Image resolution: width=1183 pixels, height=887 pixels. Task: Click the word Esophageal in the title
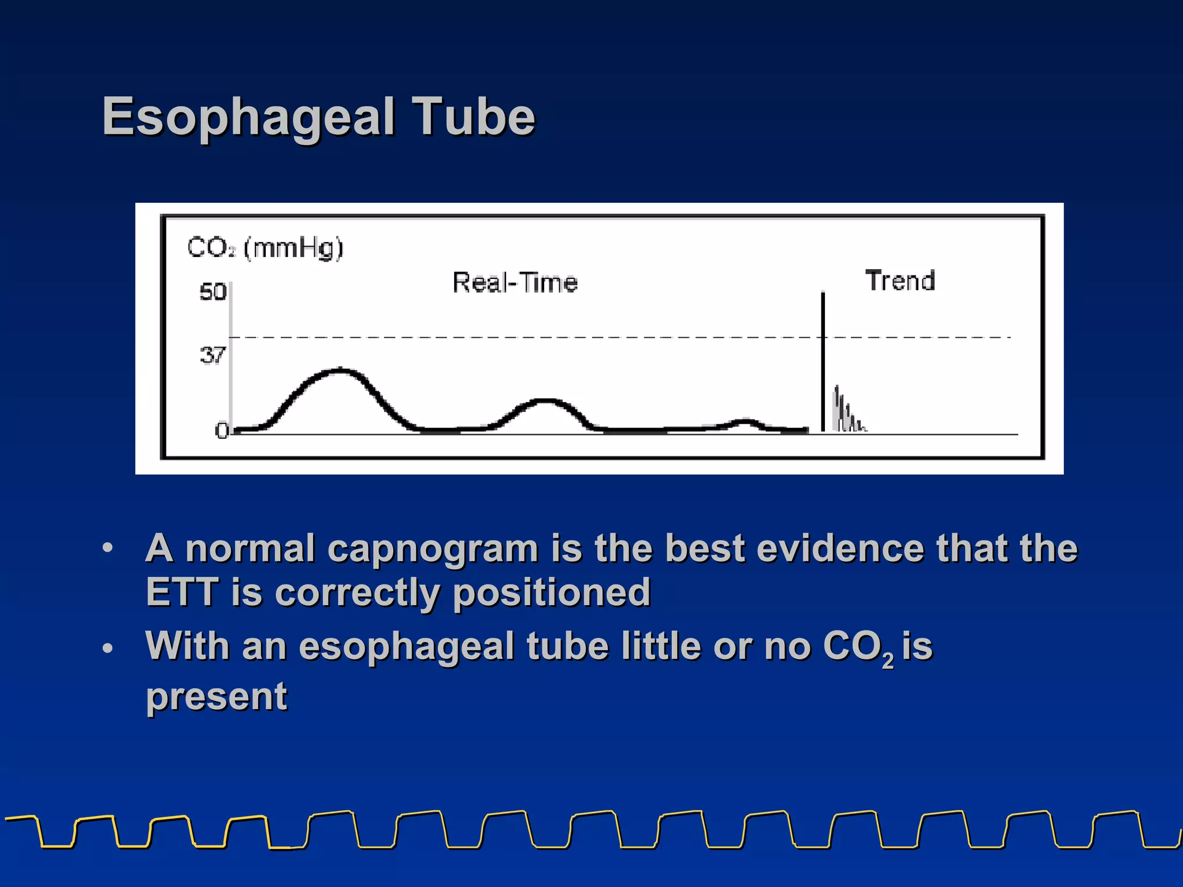248,118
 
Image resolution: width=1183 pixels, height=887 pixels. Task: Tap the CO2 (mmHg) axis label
265,248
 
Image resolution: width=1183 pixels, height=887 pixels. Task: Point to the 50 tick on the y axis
213,292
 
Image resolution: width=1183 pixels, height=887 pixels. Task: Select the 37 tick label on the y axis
213,355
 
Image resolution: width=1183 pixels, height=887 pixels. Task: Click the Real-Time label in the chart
515,283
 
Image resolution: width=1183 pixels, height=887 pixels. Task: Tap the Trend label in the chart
900,281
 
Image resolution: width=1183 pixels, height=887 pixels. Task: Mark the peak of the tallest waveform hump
341,370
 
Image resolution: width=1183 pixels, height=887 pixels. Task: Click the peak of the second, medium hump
545,400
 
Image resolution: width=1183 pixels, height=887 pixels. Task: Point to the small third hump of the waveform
745,421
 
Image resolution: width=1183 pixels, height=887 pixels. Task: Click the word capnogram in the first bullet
433,549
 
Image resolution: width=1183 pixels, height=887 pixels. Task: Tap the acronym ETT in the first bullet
181,592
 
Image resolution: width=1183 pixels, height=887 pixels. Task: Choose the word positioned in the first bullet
552,592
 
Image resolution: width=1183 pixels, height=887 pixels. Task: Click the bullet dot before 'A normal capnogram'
107,548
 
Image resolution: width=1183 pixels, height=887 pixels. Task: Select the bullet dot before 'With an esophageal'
107,649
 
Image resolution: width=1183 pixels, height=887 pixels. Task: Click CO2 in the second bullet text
858,647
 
